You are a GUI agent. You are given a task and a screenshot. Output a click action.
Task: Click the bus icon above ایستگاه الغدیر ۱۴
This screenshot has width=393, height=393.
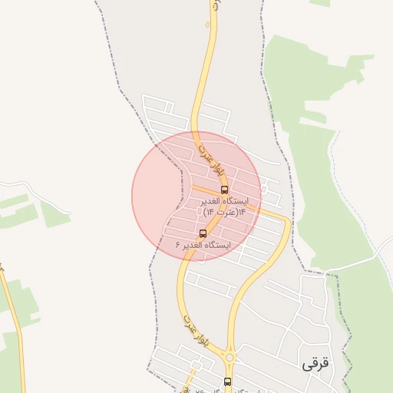tap(224, 189)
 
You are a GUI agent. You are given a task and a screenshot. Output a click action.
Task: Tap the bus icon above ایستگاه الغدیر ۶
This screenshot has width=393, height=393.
tap(203, 233)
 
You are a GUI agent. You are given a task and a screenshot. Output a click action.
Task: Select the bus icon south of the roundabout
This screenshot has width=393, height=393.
tap(227, 381)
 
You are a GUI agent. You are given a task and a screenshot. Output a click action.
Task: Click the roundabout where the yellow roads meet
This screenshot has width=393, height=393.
tap(229, 357)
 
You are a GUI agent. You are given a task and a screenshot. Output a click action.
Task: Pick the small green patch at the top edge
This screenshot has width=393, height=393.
tap(320, 3)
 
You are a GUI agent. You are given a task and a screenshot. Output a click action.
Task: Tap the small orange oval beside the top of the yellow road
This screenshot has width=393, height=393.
tap(206, 24)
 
